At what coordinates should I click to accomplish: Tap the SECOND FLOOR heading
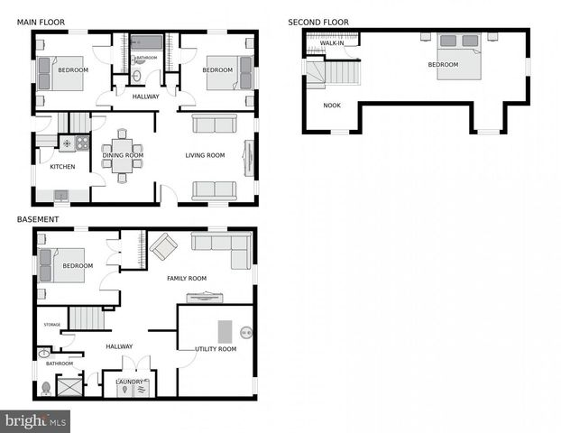(x=318, y=22)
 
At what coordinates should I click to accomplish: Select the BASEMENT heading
(x=38, y=219)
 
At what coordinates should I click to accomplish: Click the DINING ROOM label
(x=123, y=155)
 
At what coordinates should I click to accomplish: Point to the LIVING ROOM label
(x=205, y=155)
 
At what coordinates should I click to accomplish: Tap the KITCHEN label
(x=62, y=167)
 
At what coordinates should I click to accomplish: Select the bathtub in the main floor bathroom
(x=145, y=41)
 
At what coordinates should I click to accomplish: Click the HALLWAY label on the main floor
(x=145, y=97)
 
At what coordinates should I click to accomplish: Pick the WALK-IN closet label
(x=333, y=42)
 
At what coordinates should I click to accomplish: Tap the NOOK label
(x=332, y=106)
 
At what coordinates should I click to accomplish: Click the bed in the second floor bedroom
(x=459, y=55)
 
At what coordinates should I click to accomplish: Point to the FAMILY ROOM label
(x=187, y=279)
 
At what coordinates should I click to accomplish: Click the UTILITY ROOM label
(x=216, y=348)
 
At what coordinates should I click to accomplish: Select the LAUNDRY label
(x=129, y=382)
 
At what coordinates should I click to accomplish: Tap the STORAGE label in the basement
(x=52, y=325)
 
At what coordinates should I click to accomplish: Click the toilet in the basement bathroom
(x=46, y=388)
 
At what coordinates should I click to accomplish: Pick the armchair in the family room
(x=163, y=245)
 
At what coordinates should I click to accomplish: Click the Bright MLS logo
(x=35, y=420)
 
